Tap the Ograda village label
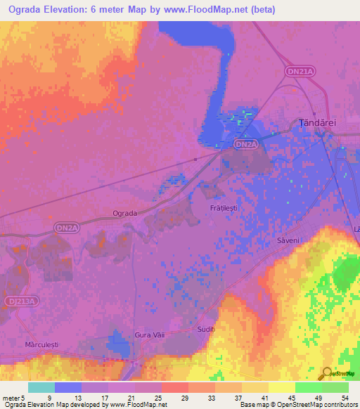124,212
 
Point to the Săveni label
286,240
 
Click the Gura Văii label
149,335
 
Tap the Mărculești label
39,345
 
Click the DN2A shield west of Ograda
66,228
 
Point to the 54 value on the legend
343,397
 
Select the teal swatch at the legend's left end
41,387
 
